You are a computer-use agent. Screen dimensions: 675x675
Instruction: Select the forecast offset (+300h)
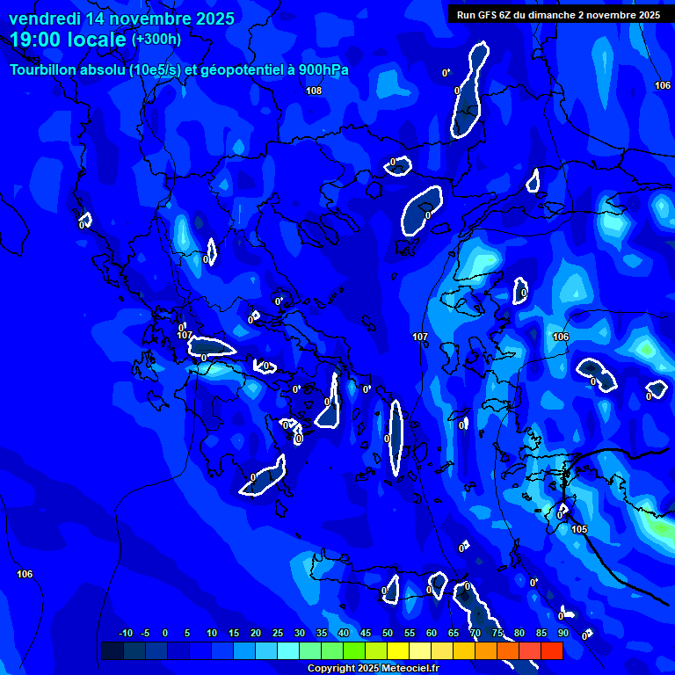pos(156,40)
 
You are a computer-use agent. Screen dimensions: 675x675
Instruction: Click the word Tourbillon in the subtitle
pos(49,69)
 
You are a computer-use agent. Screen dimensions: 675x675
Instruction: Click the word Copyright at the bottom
pos(332,669)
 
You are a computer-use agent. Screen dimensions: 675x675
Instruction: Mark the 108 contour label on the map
pos(314,91)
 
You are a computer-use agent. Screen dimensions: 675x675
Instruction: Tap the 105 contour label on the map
pos(579,529)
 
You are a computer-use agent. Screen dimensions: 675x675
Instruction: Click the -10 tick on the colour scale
pos(126,633)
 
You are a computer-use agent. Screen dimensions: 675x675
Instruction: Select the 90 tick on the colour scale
pos(562,633)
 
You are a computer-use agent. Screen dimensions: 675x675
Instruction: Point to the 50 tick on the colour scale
pos(388,633)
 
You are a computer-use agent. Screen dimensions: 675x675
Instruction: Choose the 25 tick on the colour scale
pos(278,633)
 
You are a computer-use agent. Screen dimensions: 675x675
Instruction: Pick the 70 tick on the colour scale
pos(475,633)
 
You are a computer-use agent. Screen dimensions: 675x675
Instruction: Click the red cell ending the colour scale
pos(551,650)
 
